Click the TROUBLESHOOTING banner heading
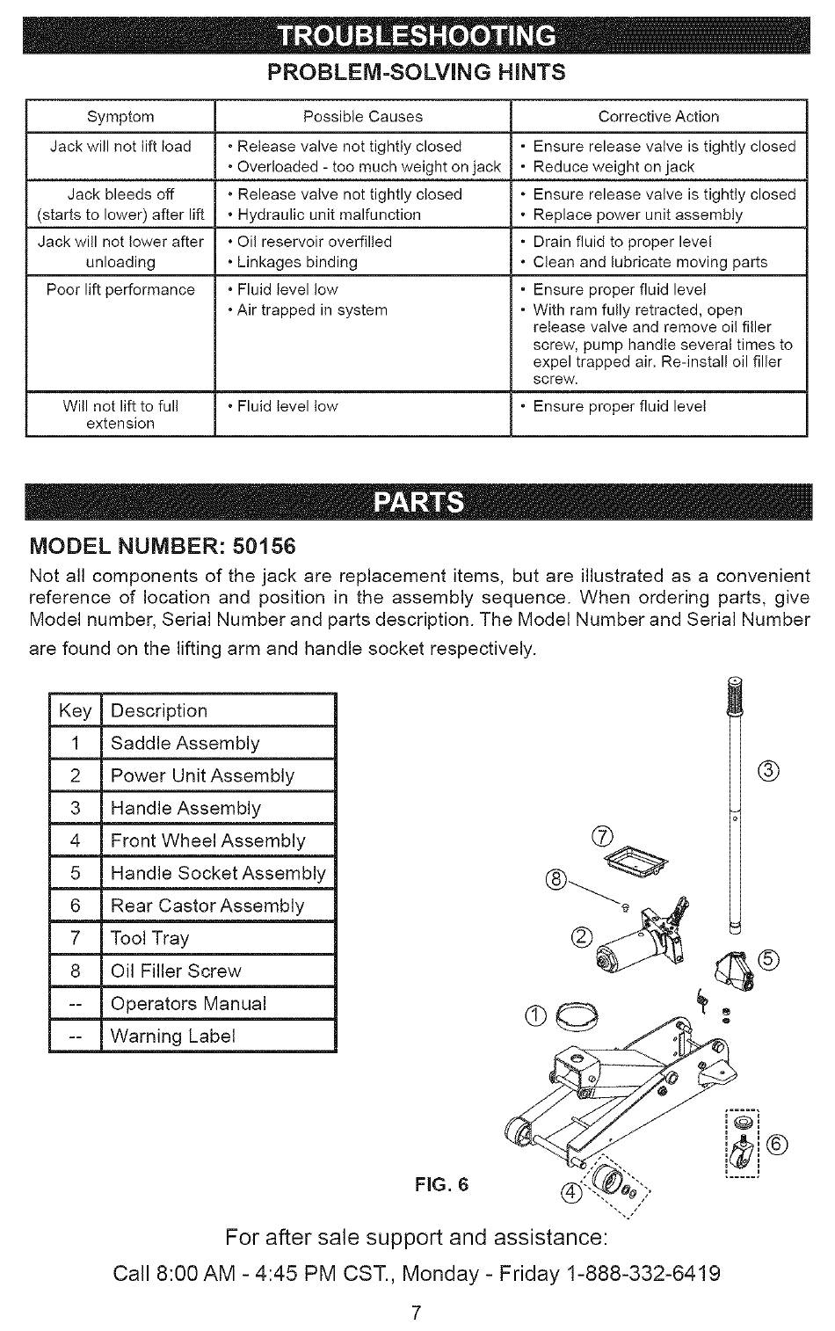point(417,36)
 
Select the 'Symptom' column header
point(120,117)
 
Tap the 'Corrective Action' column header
point(658,117)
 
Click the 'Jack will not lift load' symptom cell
point(120,147)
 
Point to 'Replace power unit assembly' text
point(637,215)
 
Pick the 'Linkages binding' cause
point(297,262)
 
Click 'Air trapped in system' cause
point(312,310)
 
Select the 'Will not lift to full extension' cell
point(120,415)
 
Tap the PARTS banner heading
point(418,502)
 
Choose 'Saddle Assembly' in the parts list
point(185,744)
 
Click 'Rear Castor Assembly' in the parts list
point(207,906)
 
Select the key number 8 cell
point(76,971)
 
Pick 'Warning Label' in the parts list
point(173,1036)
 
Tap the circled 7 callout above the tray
point(603,836)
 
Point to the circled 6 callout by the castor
point(778,1144)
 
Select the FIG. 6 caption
point(442,1184)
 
